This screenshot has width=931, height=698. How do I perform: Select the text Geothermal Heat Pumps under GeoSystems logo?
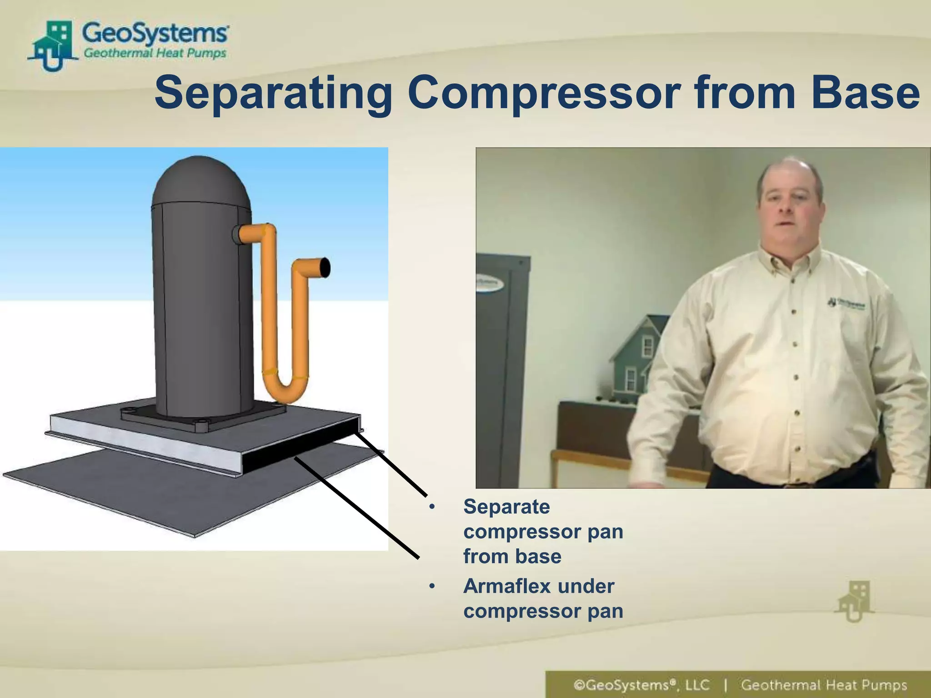pyautogui.click(x=155, y=53)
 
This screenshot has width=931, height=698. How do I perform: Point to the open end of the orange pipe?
pyautogui.click(x=325, y=267)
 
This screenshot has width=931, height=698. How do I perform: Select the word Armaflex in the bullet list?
pyautogui.click(x=506, y=586)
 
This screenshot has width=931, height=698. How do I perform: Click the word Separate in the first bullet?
pyautogui.click(x=506, y=507)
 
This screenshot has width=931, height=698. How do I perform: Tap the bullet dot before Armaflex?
pyautogui.click(x=432, y=587)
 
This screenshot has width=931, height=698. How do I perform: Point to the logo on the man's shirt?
pyautogui.click(x=846, y=303)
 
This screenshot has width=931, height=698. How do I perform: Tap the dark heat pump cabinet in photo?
pyautogui.click(x=500, y=364)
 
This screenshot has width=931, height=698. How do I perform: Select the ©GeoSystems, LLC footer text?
pyautogui.click(x=641, y=685)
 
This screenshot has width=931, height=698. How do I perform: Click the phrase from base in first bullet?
pyautogui.click(x=512, y=557)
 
